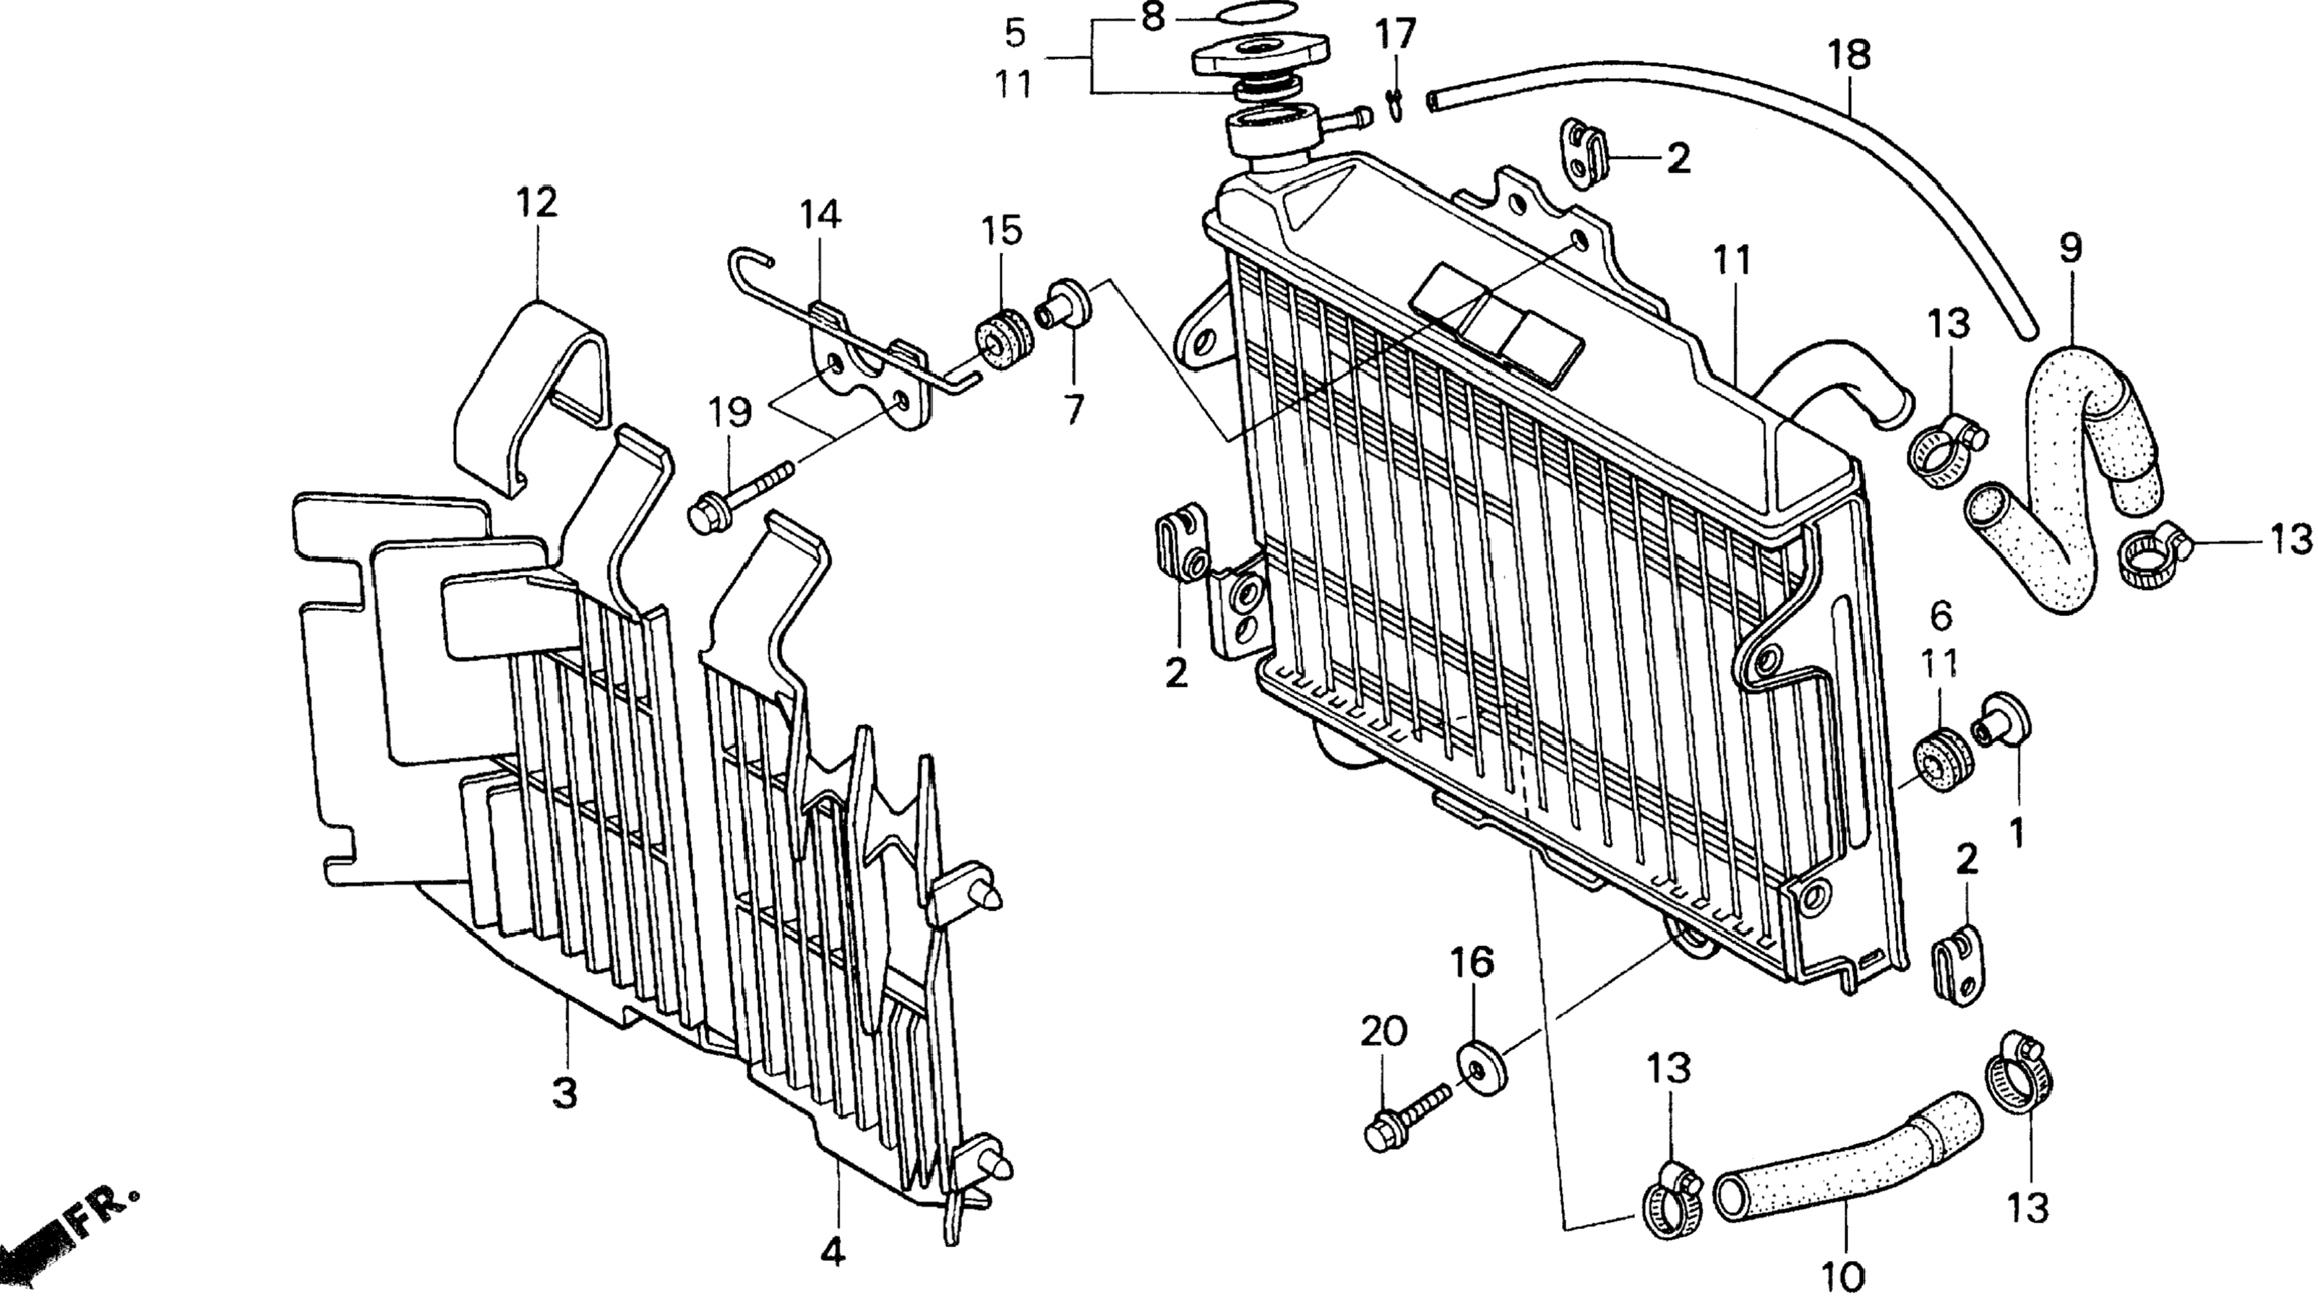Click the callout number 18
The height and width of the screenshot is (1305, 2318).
[1848, 55]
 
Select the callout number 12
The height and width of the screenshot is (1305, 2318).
[536, 202]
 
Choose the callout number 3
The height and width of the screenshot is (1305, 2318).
[565, 1093]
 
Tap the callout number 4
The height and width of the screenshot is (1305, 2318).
[833, 1253]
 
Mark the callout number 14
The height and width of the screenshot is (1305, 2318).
[820, 215]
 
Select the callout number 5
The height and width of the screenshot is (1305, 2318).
[1015, 34]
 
